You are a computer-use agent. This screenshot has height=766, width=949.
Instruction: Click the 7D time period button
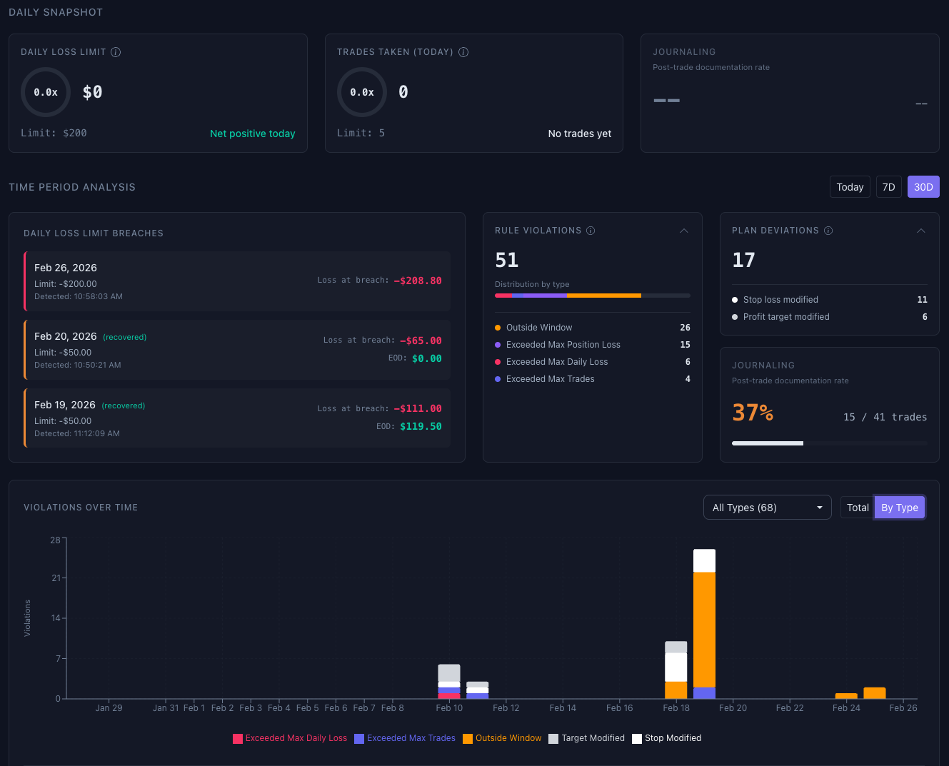[x=888, y=187]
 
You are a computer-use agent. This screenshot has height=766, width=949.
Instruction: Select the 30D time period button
[x=923, y=187]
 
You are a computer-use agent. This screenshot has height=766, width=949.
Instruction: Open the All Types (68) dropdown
[x=767, y=508]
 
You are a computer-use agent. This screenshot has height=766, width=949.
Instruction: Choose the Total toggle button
[x=857, y=508]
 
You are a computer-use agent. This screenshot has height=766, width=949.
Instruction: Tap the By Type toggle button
[x=899, y=508]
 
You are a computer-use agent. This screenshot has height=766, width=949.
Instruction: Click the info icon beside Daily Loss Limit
[x=116, y=52]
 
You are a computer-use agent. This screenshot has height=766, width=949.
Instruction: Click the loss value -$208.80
[x=418, y=281]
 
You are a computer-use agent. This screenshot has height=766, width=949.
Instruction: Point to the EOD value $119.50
[x=421, y=426]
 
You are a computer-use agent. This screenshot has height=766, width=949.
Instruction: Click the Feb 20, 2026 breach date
[x=66, y=336]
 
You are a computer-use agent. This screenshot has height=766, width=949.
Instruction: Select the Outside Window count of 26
[x=685, y=328]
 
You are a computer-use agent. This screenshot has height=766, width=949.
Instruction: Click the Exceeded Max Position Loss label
[x=563, y=345]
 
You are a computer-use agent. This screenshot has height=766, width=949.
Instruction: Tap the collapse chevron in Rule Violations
[x=683, y=231]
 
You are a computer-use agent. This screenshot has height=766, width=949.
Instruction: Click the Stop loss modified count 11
[x=922, y=300]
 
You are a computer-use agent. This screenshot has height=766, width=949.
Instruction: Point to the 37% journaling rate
[x=753, y=413]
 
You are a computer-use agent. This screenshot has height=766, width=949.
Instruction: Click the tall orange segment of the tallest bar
[x=704, y=628]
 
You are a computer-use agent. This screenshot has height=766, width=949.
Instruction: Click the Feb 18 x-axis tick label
[x=676, y=708]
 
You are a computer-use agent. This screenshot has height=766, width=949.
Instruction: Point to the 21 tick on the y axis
[x=56, y=578]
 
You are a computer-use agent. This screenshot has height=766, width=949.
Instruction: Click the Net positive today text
[x=252, y=133]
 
